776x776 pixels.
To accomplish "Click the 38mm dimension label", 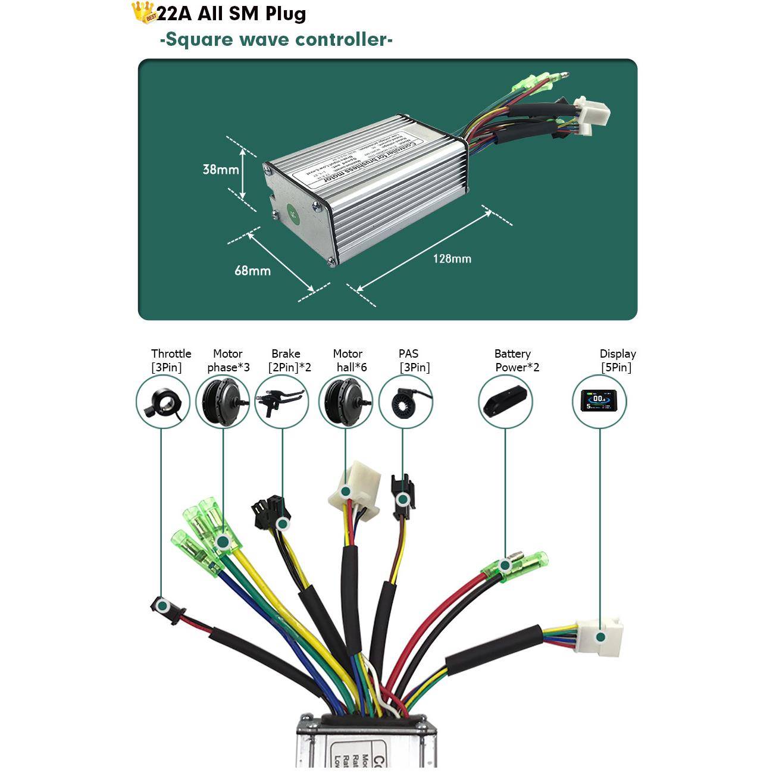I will (220, 170).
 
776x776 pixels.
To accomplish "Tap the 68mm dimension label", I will (252, 271).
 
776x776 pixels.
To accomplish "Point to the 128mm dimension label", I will (452, 259).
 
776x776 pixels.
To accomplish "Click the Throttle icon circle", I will (162, 403).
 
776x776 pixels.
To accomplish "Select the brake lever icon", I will (281, 403).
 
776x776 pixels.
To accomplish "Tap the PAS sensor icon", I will (405, 403).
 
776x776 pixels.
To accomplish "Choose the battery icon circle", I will (505, 403).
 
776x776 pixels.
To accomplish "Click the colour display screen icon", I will (599, 403).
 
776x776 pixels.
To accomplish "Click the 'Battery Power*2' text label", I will (514, 361).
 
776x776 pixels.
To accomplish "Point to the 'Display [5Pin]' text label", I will (617, 361).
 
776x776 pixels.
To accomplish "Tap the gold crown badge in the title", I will (143, 12).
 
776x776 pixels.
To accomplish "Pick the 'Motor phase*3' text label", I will (228, 361).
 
